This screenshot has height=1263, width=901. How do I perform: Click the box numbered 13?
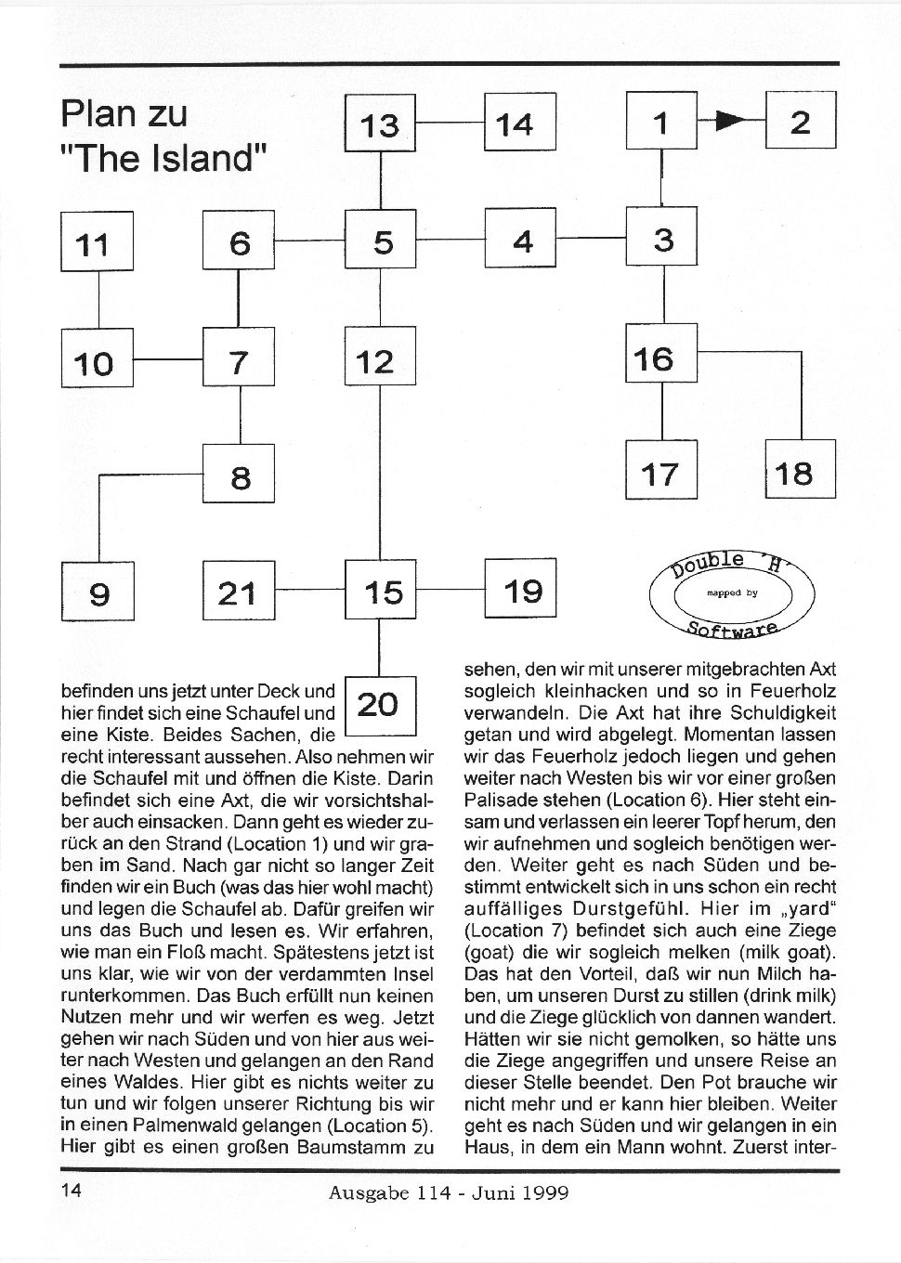click(x=380, y=123)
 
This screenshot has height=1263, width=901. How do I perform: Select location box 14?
click(x=519, y=122)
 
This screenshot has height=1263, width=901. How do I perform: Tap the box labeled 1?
click(x=661, y=121)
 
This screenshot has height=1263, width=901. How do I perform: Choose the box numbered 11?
click(x=97, y=241)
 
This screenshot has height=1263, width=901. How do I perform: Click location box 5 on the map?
click(x=380, y=240)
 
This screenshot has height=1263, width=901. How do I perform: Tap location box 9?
click(x=97, y=591)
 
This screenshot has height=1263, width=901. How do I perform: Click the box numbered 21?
click(x=239, y=591)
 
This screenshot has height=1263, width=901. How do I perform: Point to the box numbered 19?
click(x=519, y=589)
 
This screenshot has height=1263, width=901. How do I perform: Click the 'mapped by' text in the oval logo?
click(x=732, y=591)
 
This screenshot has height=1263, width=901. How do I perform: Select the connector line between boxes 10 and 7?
click(x=168, y=358)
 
